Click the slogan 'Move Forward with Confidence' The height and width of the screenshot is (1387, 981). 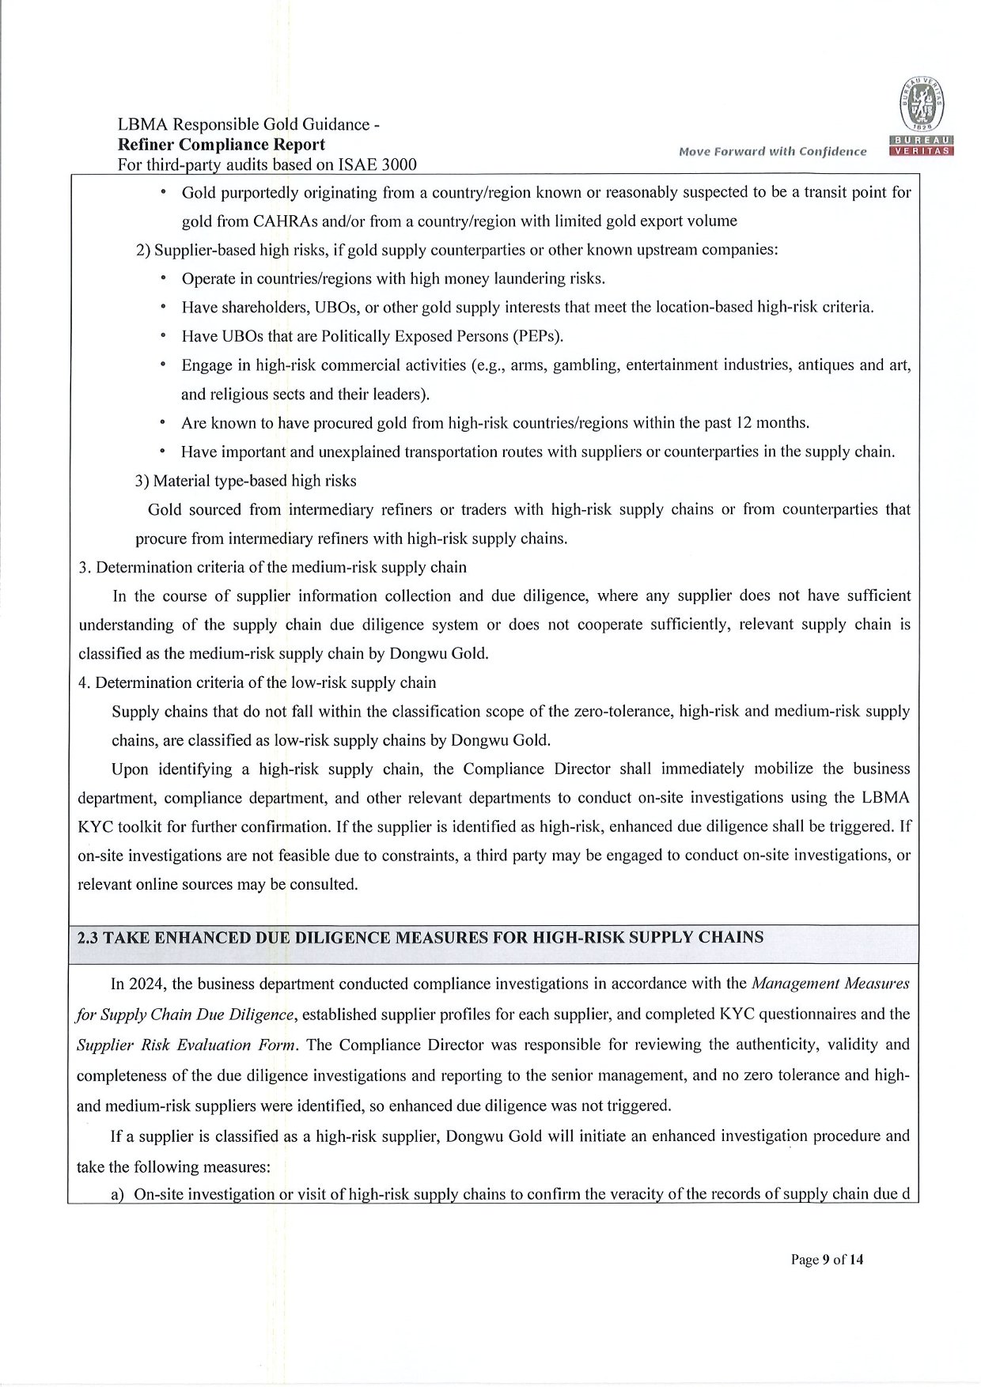click(x=772, y=152)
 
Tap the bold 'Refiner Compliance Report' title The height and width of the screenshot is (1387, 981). click(x=221, y=145)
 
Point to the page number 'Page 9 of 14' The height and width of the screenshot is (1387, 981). click(x=827, y=1260)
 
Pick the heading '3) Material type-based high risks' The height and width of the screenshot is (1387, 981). click(x=246, y=481)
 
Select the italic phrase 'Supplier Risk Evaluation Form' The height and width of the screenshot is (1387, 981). click(x=187, y=1045)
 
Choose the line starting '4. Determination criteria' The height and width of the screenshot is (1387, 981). click(x=257, y=682)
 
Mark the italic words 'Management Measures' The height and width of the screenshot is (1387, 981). click(x=830, y=985)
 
